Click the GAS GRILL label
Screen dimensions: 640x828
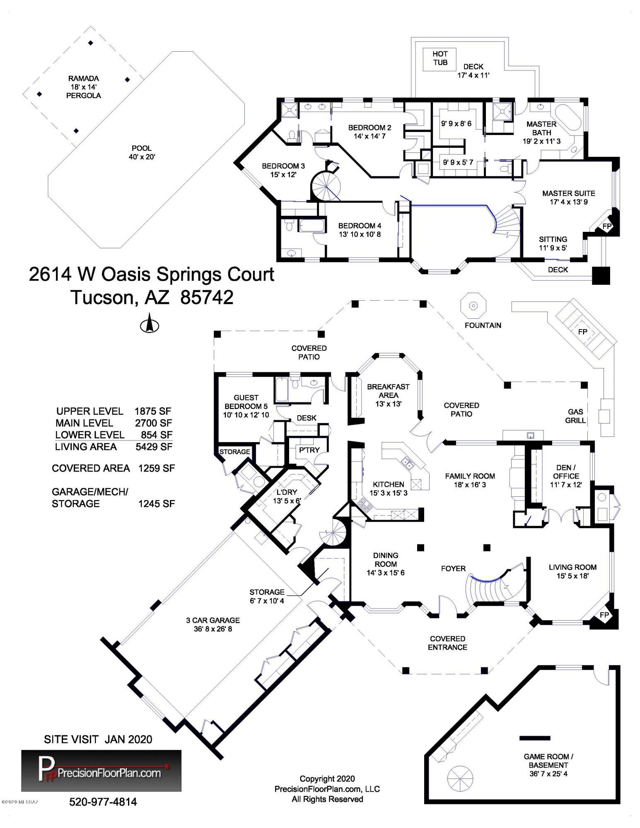click(x=575, y=416)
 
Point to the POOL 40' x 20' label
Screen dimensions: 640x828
click(x=142, y=152)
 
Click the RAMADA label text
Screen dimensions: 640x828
click(x=84, y=78)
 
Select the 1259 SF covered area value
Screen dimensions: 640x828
click(x=157, y=468)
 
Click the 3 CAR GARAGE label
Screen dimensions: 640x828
click(x=213, y=620)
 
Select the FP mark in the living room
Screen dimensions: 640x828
click(x=604, y=615)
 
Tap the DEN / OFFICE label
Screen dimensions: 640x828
click(x=565, y=476)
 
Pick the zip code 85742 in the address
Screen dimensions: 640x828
click(x=207, y=297)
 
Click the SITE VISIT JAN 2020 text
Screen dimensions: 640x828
click(x=98, y=739)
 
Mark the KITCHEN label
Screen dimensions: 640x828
click(x=389, y=484)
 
